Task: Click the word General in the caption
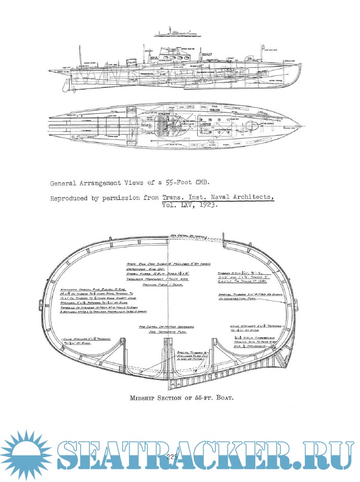point(64,183)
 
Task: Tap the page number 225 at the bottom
point(173,456)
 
